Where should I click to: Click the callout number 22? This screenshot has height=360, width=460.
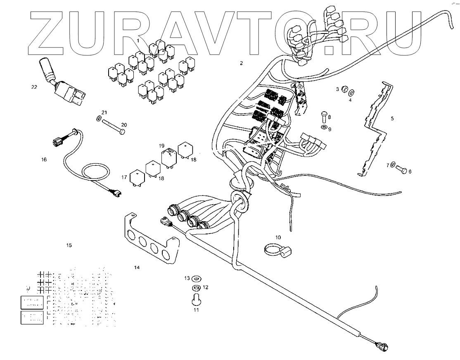click(x=34, y=87)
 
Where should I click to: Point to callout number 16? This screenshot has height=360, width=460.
click(x=44, y=159)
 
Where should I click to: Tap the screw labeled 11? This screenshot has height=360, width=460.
click(x=196, y=298)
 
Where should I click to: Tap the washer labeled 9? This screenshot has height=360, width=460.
click(x=324, y=128)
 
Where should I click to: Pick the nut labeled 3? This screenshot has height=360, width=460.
click(x=344, y=89)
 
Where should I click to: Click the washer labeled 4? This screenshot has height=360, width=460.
click(x=352, y=92)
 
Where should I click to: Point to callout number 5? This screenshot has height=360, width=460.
click(x=392, y=118)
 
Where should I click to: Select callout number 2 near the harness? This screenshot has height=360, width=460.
click(x=241, y=63)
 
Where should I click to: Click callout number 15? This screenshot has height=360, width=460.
click(x=69, y=245)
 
